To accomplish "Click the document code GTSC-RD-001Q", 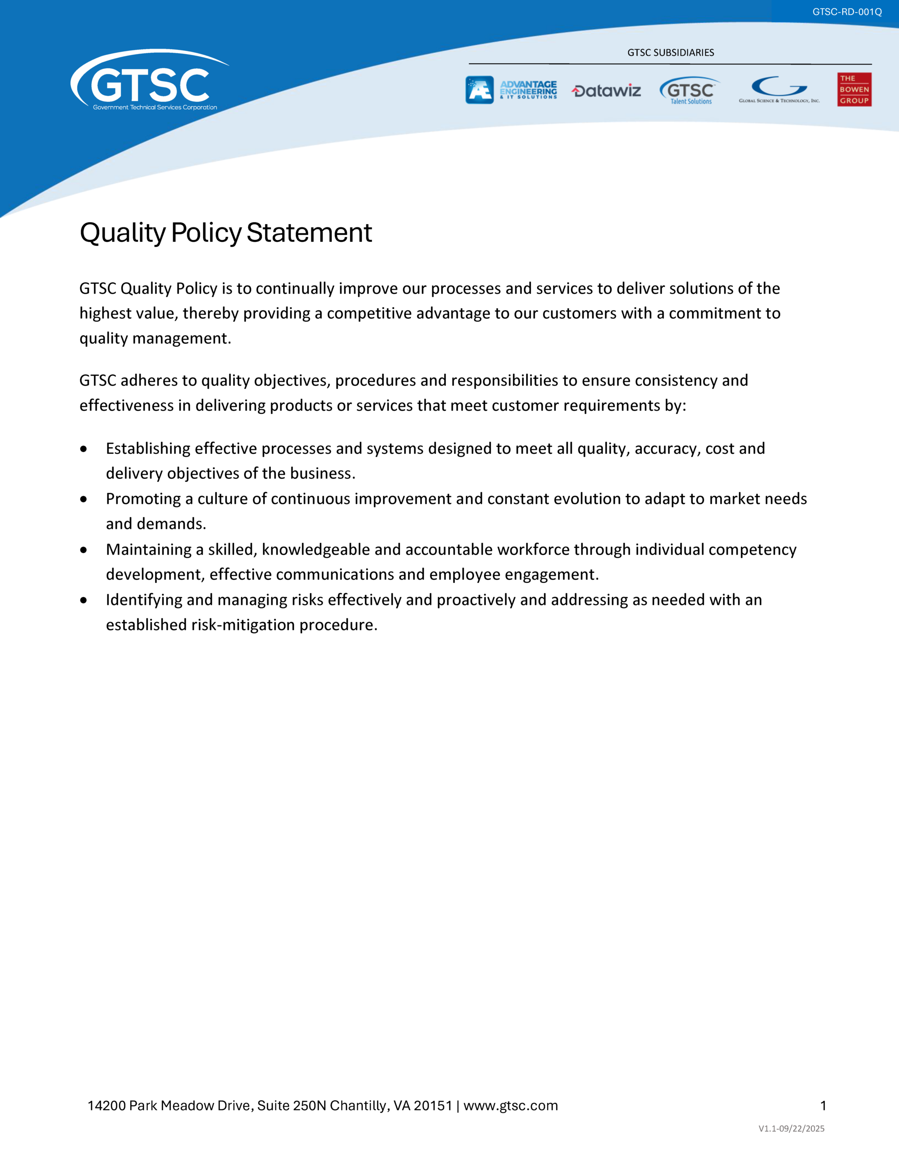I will pyautogui.click(x=847, y=12).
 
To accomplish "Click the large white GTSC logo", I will pyautogui.click(x=149, y=83).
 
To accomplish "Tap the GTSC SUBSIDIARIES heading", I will pyautogui.click(x=670, y=52).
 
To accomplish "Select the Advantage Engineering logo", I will pyautogui.click(x=511, y=90).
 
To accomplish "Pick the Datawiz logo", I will pyautogui.click(x=606, y=91).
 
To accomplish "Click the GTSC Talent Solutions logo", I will pyautogui.click(x=689, y=90).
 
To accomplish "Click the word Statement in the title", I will pyautogui.click(x=309, y=233).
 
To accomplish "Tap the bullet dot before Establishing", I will pyautogui.click(x=84, y=449).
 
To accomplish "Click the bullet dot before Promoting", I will pyautogui.click(x=84, y=499).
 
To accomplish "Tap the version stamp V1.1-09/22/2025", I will pyautogui.click(x=791, y=1128).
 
